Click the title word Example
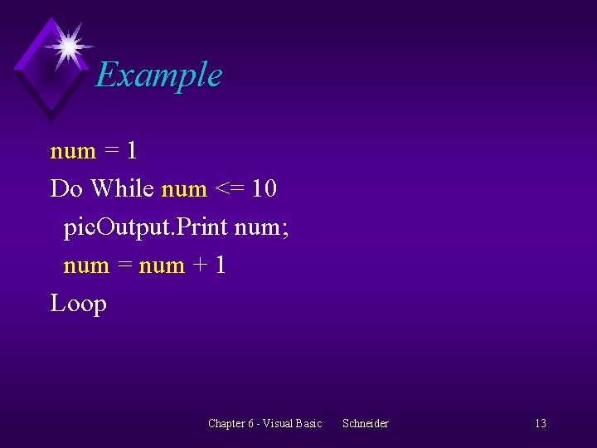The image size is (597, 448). point(158,75)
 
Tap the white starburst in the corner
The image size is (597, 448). point(68,46)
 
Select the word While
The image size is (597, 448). point(123,189)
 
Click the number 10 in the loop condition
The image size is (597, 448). point(264,189)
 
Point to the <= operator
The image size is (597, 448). point(228,189)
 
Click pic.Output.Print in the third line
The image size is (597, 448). point(146,227)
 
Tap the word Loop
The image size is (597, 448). point(79,304)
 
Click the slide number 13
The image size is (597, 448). point(540,424)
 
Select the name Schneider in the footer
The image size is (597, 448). point(365,424)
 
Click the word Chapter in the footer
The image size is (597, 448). point(226,424)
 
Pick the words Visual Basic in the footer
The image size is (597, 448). point(292,424)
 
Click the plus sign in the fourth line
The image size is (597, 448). point(199,265)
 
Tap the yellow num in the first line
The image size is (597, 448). point(73,151)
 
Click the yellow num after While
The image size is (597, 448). point(184,189)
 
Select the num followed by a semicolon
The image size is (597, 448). point(258,227)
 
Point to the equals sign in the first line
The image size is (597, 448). point(111,151)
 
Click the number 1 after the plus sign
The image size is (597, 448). point(219,265)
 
